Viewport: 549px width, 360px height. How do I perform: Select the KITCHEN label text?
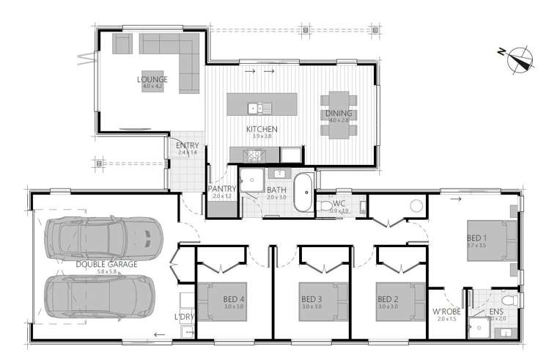coord(262,128)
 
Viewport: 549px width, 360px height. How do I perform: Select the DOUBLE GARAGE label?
coord(106,263)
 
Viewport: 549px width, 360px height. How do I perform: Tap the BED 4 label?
coord(235,298)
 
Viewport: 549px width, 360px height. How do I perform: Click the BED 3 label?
coord(312,298)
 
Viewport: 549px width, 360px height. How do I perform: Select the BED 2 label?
coord(388,298)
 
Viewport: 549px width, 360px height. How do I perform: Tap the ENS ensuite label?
coord(495,311)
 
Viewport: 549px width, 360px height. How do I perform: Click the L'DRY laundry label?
coord(183,317)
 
